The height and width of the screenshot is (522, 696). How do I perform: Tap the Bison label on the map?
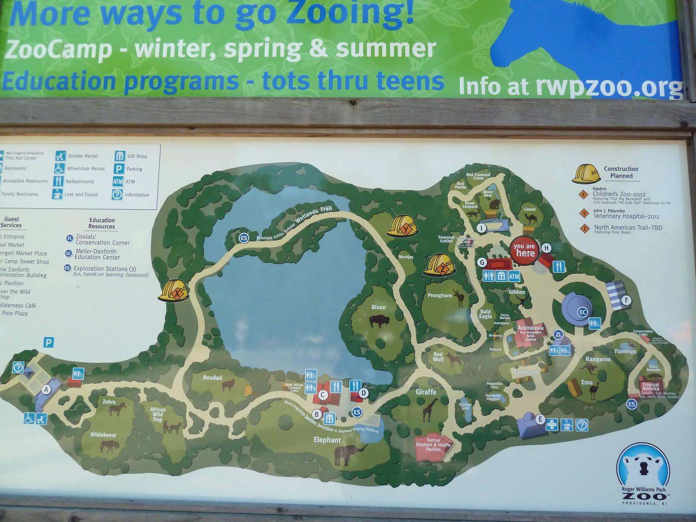378,307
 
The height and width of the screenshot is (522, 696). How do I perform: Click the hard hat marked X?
175,290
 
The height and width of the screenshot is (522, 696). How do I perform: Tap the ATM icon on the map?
514,276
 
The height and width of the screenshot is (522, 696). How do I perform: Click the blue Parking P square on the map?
49,343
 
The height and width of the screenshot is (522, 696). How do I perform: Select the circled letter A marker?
46,390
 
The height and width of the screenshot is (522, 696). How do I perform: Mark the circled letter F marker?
626,300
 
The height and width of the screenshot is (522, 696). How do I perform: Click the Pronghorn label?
440,295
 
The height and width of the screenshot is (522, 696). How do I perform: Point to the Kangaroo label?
598,359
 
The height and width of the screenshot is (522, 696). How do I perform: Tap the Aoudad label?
212,378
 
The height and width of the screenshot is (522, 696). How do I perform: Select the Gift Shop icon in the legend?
120,156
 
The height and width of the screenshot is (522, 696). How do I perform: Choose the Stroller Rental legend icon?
60,156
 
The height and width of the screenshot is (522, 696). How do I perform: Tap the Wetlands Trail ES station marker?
244,238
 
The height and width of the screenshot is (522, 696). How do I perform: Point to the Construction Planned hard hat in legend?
586,174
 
